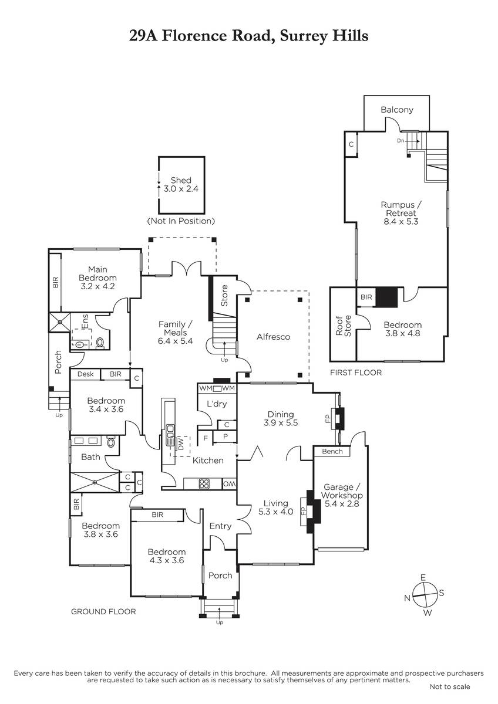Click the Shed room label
coord(181,180)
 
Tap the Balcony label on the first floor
coord(397,110)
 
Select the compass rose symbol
coord(425,595)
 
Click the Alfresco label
coord(273,337)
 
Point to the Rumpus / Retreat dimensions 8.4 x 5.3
coord(401,221)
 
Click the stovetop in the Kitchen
coord(204,483)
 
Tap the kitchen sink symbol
coord(170,435)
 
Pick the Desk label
coord(85,374)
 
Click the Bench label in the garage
coord(332,451)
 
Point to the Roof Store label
coord(343,326)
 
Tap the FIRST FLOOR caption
coord(356,373)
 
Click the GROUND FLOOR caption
coord(103,611)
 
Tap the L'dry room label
coord(217,404)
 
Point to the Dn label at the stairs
coord(400,141)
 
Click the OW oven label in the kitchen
coord(229,485)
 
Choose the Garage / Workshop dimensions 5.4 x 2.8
coord(342,503)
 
